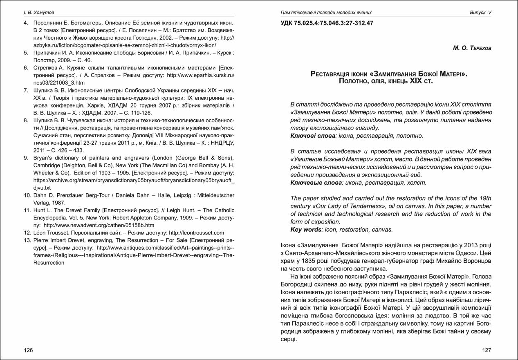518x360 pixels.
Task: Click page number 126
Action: tap(28, 350)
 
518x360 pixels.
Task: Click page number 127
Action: tap(486, 350)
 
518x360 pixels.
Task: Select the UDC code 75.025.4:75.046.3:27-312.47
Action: tap(327, 23)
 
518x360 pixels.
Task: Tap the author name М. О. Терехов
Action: tap(472, 48)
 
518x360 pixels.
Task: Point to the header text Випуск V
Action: tap(480, 13)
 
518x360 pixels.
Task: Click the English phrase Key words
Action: tap(306, 230)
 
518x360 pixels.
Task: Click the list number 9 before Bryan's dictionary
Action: tap(25, 158)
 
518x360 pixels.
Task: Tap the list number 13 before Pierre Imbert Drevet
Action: tap(27, 240)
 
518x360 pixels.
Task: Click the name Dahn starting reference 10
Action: tap(40, 195)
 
